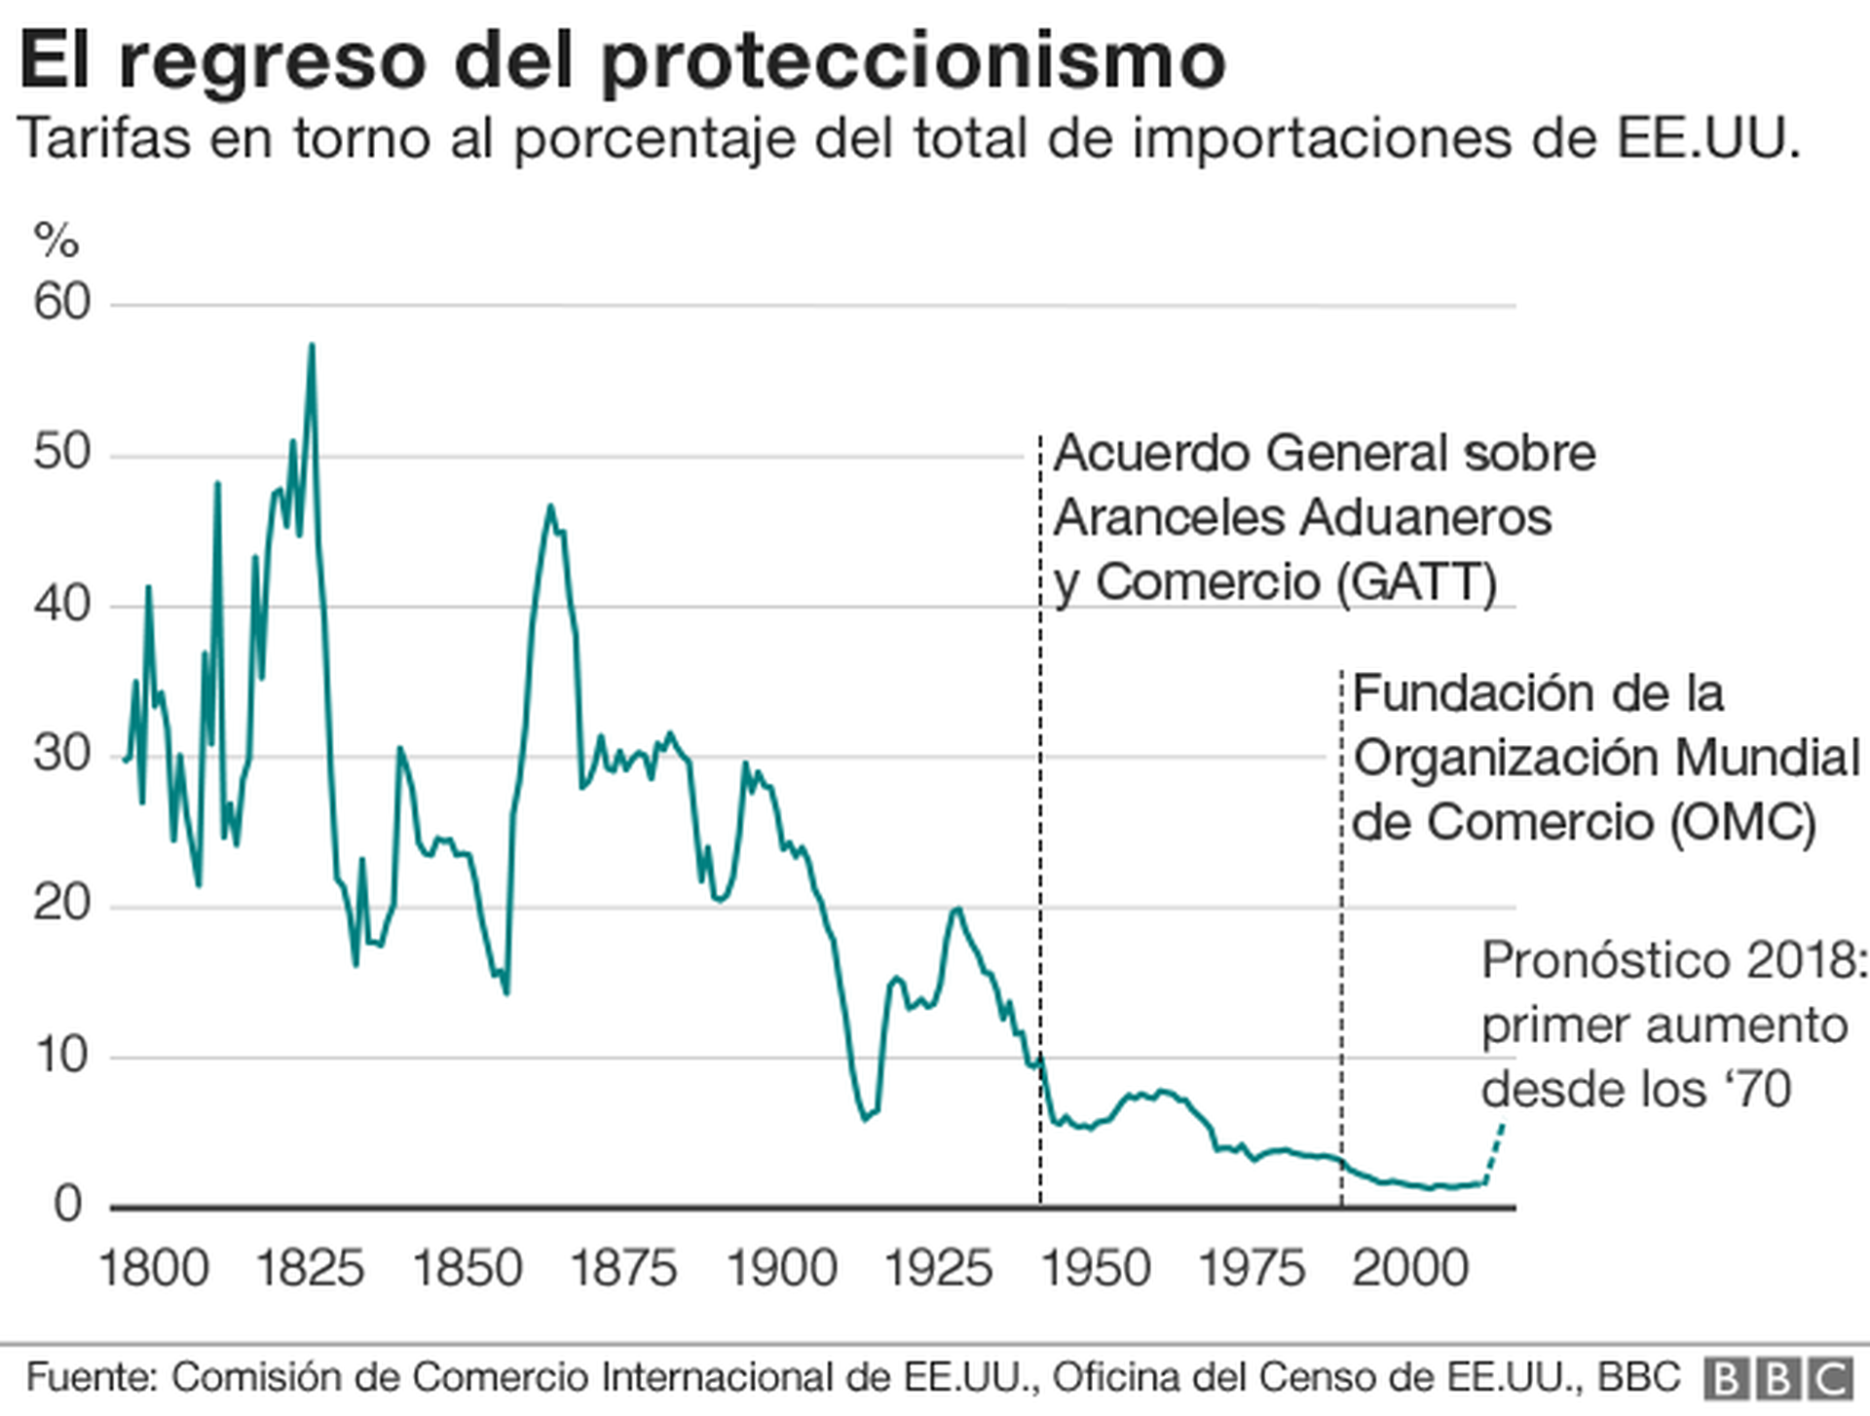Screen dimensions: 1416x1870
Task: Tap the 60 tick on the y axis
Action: (x=61, y=303)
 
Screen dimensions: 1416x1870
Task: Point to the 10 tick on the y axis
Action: (x=61, y=1056)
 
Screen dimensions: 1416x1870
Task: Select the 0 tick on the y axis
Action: (x=67, y=1206)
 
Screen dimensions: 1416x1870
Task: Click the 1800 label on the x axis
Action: (x=154, y=1269)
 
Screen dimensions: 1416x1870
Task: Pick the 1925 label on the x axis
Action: (x=938, y=1269)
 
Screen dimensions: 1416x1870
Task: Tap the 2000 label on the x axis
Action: (x=1409, y=1269)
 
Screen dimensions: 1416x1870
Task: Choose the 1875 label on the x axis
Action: (x=623, y=1269)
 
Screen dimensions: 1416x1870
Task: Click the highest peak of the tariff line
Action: (x=312, y=347)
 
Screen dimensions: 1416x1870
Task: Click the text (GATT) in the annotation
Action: (x=1417, y=583)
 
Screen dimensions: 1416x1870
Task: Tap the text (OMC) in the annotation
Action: (x=1743, y=822)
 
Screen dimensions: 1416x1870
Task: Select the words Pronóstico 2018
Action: (x=1673, y=961)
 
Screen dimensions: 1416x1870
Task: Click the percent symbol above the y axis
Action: (x=56, y=240)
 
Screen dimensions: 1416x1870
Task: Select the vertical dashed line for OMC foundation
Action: (x=1341, y=925)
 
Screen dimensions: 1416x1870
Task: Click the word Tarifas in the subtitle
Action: (x=104, y=138)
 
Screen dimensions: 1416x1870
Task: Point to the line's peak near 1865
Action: (x=550, y=506)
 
